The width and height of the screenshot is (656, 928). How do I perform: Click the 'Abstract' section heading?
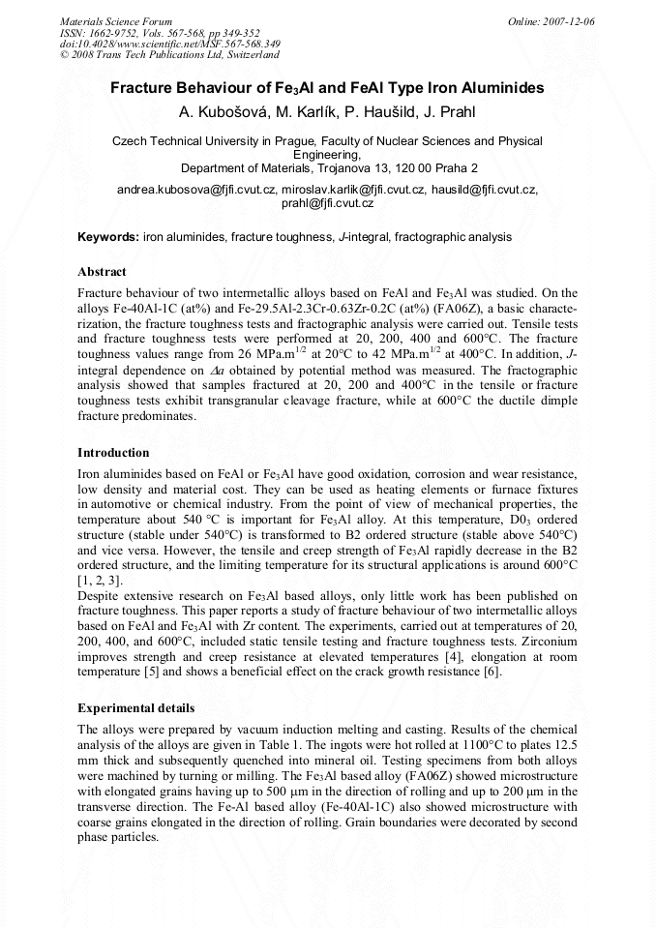click(x=102, y=272)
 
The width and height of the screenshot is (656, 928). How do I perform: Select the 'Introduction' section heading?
click(x=113, y=452)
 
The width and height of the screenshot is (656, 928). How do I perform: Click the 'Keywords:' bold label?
click(x=108, y=236)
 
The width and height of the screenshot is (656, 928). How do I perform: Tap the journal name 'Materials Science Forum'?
click(x=116, y=21)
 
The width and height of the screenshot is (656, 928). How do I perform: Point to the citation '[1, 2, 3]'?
click(x=100, y=580)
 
